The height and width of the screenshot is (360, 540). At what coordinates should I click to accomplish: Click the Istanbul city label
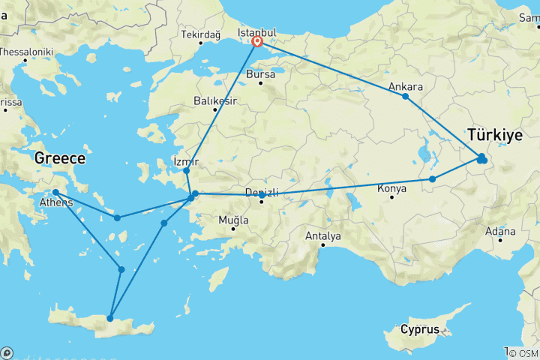point(257,33)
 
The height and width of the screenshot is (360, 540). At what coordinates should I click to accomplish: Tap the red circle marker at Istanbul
point(257,42)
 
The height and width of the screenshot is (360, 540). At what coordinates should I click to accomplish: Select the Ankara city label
point(406,87)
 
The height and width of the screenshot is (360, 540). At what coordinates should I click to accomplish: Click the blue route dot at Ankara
point(406,97)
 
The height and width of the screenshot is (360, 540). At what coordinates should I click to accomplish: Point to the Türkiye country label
point(494,136)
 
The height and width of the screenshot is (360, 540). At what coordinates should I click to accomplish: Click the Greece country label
point(60,159)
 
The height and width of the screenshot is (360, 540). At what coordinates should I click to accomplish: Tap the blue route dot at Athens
point(55,193)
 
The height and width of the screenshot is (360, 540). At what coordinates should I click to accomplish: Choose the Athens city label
point(58,203)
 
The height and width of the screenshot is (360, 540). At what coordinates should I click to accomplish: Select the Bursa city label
point(261,75)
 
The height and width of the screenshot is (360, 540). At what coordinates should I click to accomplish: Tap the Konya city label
point(393,188)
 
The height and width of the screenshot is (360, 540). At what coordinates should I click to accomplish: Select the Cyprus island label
point(419,329)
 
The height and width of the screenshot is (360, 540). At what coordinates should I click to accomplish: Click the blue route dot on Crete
point(110,319)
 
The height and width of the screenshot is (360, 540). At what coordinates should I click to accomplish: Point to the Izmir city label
point(186,160)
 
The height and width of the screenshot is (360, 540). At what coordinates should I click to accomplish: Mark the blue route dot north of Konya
point(433,179)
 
